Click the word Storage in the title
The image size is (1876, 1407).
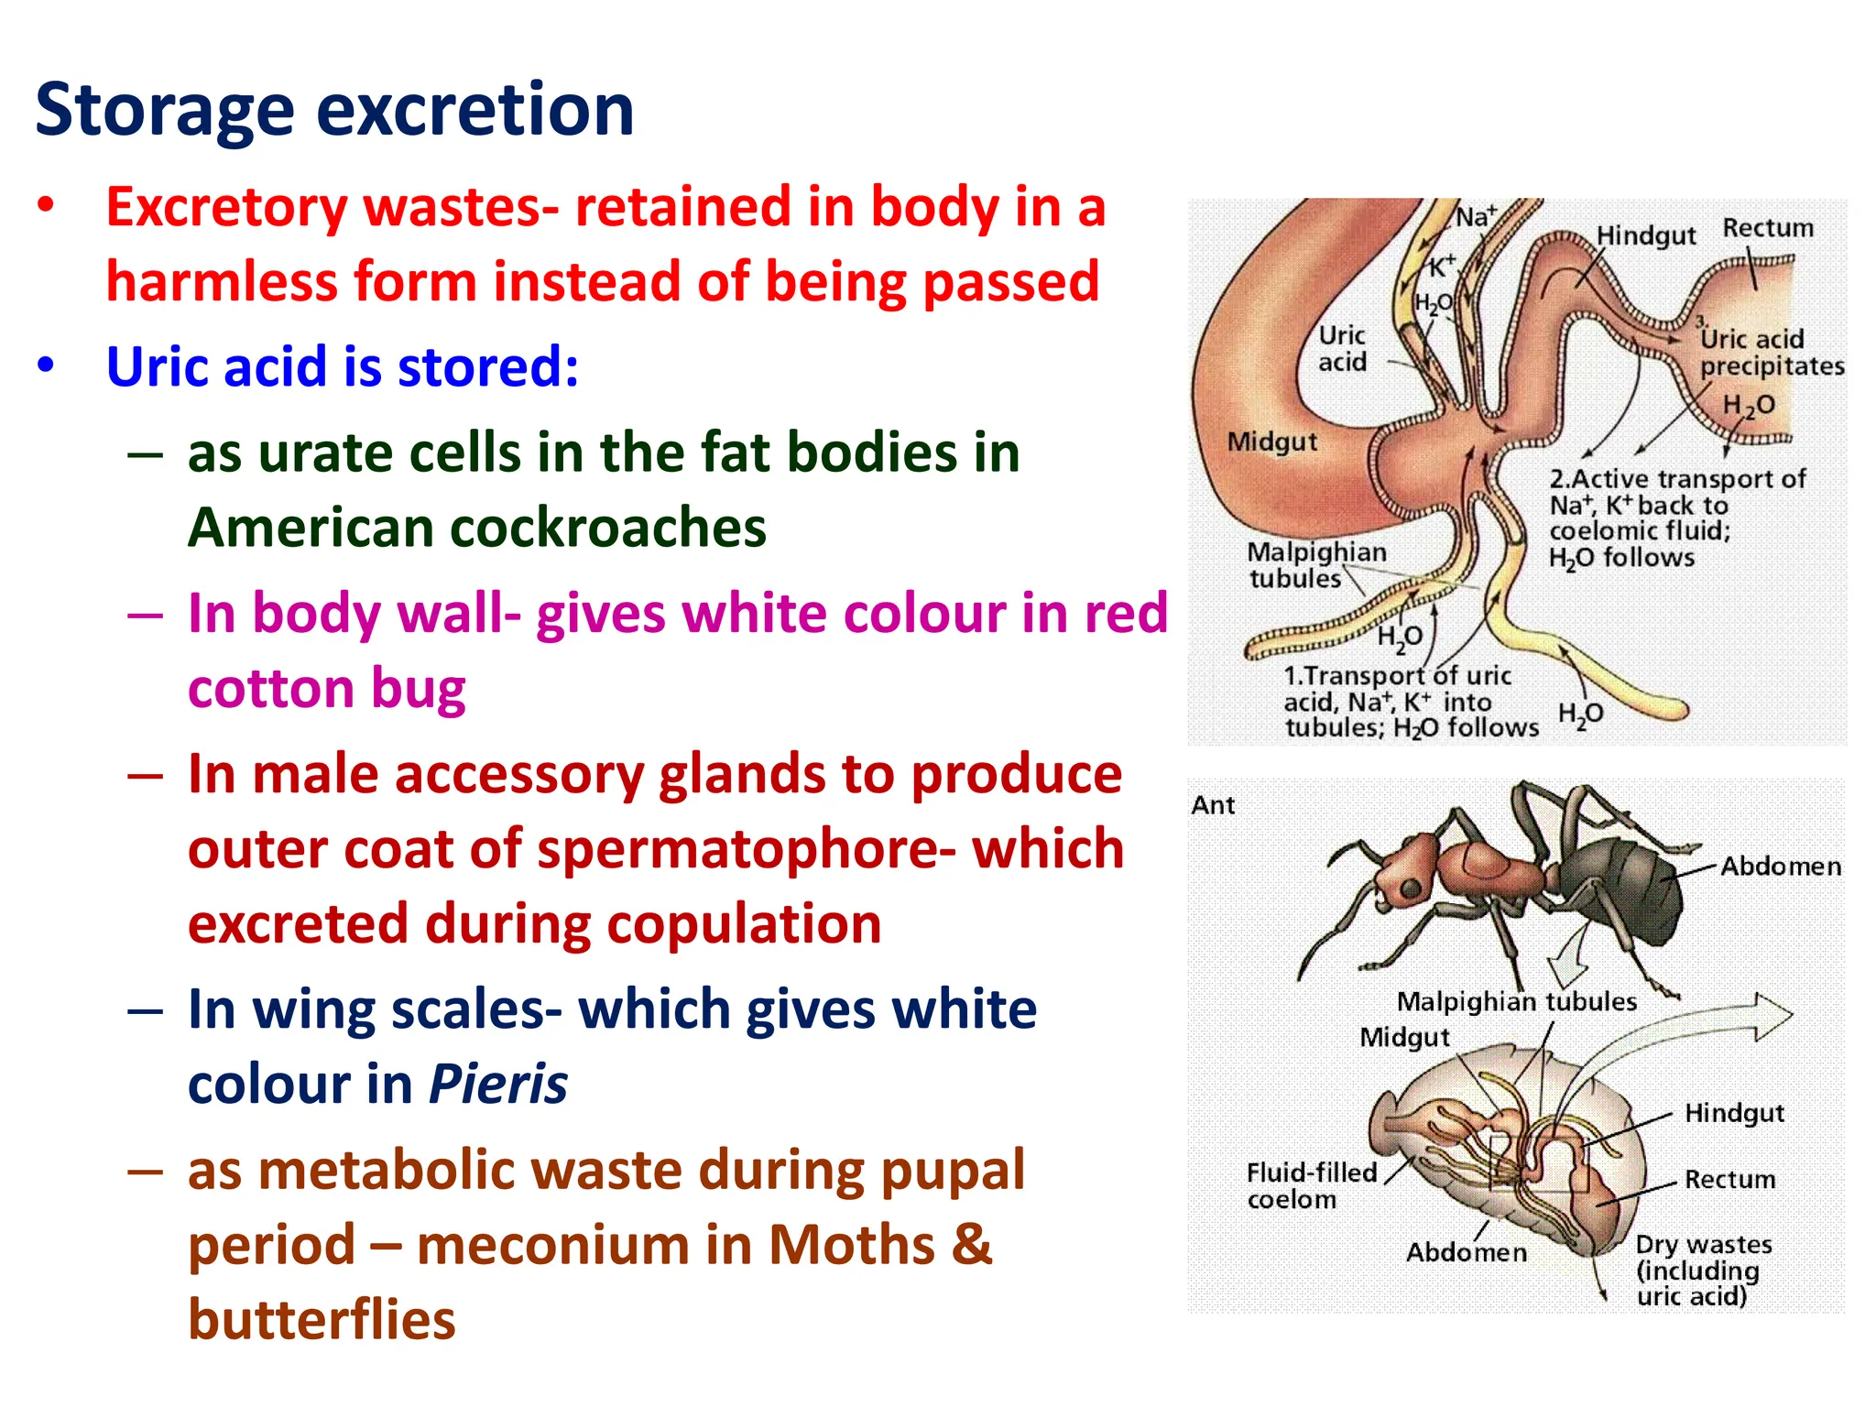pyautogui.click(x=165, y=112)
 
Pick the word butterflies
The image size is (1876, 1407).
pyautogui.click(x=322, y=1320)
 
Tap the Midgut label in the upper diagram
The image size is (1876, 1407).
pyautogui.click(x=1271, y=442)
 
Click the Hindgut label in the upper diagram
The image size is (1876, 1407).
pyautogui.click(x=1646, y=235)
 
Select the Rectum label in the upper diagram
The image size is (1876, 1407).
pyautogui.click(x=1768, y=228)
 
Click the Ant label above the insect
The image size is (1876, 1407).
pyautogui.click(x=1213, y=805)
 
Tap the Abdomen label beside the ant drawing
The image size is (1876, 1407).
pyautogui.click(x=1780, y=867)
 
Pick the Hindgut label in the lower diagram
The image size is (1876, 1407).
pyautogui.click(x=1734, y=1113)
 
